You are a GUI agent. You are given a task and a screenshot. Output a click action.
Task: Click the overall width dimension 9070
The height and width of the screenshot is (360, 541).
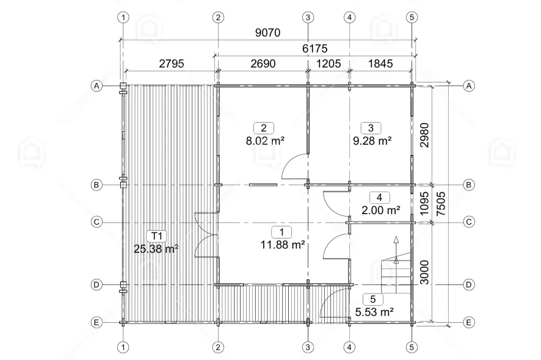(x=267, y=33)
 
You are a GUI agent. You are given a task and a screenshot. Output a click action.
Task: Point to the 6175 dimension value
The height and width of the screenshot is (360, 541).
(x=314, y=49)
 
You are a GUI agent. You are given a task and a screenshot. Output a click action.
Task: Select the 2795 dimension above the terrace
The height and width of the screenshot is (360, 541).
(x=172, y=64)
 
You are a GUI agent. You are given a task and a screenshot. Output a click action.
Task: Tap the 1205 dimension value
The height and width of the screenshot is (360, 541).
(x=329, y=64)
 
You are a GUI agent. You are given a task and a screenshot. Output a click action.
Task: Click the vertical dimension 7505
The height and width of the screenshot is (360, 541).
(x=441, y=204)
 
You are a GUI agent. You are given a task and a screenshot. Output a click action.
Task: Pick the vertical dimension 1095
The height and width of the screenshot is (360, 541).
(x=425, y=204)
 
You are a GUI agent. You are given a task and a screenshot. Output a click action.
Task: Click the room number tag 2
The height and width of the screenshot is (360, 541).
(x=264, y=128)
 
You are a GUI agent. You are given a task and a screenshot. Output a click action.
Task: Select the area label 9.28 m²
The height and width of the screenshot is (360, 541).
(x=372, y=141)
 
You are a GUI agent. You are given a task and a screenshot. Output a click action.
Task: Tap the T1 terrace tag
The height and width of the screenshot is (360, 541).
(x=157, y=236)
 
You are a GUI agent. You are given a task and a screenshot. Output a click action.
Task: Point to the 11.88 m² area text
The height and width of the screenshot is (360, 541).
(x=283, y=245)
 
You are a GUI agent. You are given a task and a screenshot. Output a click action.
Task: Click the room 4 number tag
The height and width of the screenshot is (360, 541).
(x=380, y=198)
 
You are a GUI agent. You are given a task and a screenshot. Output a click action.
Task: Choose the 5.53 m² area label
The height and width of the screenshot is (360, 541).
(x=374, y=312)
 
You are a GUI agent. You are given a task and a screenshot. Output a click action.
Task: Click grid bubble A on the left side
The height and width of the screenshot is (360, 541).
(x=96, y=85)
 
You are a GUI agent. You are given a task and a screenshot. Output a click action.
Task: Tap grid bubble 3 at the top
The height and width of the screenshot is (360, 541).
(x=308, y=17)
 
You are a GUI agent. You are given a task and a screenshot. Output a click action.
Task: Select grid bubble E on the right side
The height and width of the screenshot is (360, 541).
(x=468, y=322)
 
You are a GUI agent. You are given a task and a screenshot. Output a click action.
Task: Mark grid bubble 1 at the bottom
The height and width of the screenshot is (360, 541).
(x=123, y=347)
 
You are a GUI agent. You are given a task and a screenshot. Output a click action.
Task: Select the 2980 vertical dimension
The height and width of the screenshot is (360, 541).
(x=425, y=135)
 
